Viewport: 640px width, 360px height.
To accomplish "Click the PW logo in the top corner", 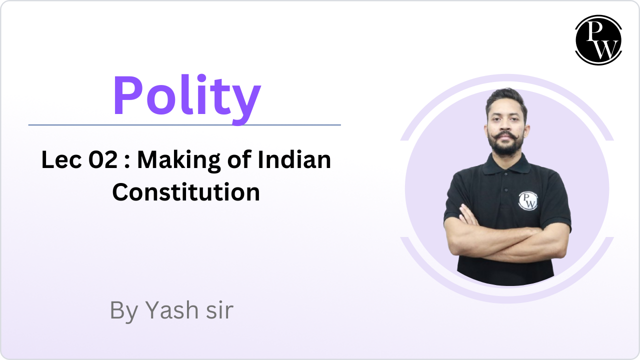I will pyautogui.click(x=598, y=40).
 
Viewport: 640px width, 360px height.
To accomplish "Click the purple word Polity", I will pyautogui.click(x=186, y=96).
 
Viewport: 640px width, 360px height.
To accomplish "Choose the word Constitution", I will pyautogui.click(x=186, y=192).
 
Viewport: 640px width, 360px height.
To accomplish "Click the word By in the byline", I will pyautogui.click(x=123, y=311).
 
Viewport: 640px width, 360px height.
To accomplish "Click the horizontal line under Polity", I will pyautogui.click(x=184, y=125).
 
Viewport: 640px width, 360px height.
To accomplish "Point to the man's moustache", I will pyautogui.click(x=505, y=136).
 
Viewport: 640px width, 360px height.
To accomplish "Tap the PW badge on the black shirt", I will pyautogui.click(x=527, y=200).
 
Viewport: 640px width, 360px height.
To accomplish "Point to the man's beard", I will pyautogui.click(x=505, y=148).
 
